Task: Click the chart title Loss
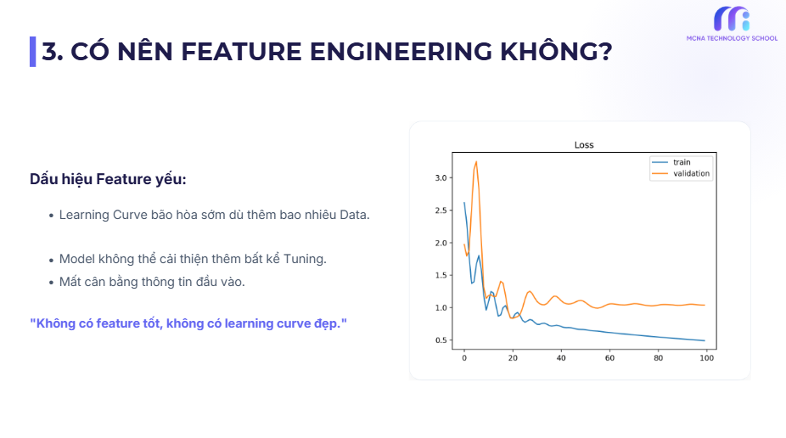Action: click(x=583, y=145)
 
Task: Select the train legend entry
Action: click(x=682, y=162)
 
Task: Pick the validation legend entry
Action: click(x=691, y=173)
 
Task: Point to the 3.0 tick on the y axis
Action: click(x=440, y=178)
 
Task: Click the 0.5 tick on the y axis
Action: click(x=440, y=340)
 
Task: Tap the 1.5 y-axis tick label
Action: click(x=440, y=276)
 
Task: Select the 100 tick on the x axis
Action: click(x=705, y=359)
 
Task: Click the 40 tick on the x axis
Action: click(x=561, y=359)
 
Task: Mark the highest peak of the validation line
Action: click(x=476, y=161)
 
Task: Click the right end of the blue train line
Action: click(x=705, y=340)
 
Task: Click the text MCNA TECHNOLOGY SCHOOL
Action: click(x=731, y=38)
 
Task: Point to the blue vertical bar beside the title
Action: click(x=32, y=52)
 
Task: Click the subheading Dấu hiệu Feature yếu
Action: click(x=108, y=179)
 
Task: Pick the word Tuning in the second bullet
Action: click(x=306, y=258)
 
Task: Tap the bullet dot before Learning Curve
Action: click(x=52, y=216)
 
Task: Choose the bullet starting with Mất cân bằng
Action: click(x=152, y=282)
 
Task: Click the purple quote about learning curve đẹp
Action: click(x=188, y=323)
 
